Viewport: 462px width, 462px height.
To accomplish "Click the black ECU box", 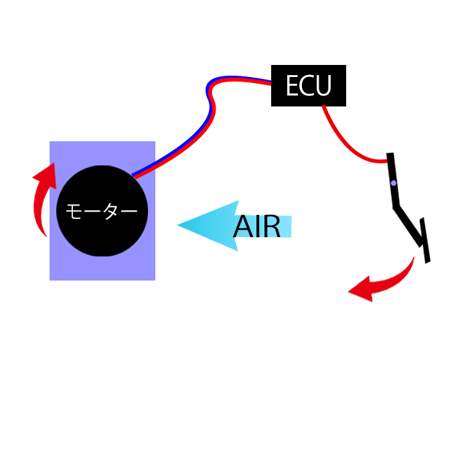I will coord(308,86).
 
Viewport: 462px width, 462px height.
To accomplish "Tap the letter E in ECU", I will coord(293,86).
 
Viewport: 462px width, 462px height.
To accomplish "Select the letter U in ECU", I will coord(325,86).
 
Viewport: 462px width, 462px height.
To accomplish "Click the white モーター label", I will coord(102,212).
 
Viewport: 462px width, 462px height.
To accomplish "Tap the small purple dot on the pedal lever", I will coord(394,183).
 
